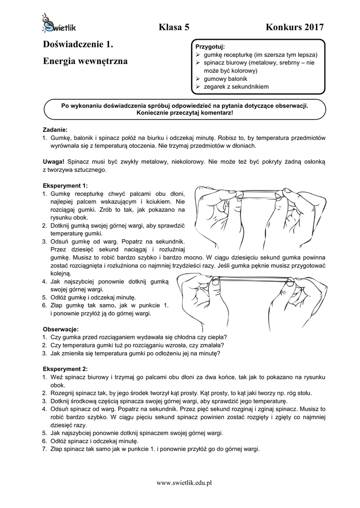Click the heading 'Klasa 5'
[174, 27]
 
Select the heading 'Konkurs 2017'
[294, 27]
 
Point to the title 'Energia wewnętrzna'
[85, 62]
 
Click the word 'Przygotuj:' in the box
[211, 46]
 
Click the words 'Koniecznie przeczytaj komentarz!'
[185, 113]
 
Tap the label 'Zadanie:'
[55, 129]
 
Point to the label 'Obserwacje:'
[61, 329]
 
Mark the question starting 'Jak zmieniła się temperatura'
[136, 353]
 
